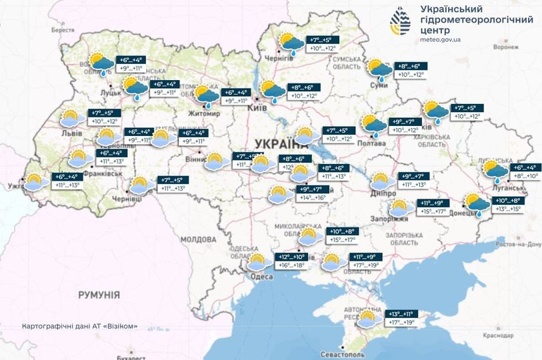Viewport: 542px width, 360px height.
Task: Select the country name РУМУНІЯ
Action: click(x=98, y=294)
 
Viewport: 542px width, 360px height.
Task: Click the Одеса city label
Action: click(x=262, y=277)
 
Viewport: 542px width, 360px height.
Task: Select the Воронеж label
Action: click(x=505, y=48)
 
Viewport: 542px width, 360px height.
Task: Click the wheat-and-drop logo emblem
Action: click(x=401, y=23)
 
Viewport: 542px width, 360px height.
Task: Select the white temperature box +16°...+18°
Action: click(x=291, y=265)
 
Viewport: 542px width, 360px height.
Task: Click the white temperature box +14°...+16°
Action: click(x=312, y=198)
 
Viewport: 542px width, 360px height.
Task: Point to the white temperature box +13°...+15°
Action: click(x=507, y=209)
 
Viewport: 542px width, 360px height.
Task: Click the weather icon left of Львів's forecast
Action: click(x=71, y=119)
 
